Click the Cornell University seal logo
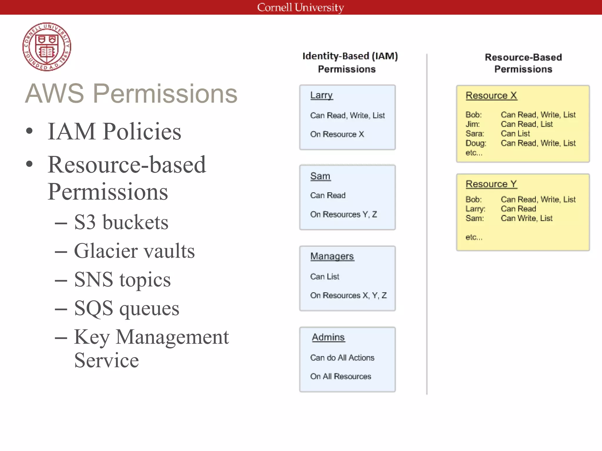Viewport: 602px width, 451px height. pos(47,47)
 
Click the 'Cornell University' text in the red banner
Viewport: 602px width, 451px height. pos(300,7)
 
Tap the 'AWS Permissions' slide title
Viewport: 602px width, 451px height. pos(131,94)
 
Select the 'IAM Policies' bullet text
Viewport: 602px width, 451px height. pos(114,131)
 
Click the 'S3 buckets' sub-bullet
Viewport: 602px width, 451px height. pos(121,222)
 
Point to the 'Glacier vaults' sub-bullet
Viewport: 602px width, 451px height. pos(134,251)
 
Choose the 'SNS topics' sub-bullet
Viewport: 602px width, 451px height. pos(122,280)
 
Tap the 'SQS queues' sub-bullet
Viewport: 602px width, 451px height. pos(126,308)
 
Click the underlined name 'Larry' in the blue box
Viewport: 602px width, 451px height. pos(321,95)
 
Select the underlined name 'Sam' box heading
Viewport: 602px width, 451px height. pos(320,176)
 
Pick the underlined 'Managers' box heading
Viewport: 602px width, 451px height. pos(332,256)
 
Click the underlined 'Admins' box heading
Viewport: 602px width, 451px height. pos(328,337)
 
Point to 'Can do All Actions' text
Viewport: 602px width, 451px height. pos(342,358)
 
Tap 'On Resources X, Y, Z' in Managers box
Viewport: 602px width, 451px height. pos(348,295)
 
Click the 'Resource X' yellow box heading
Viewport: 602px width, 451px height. pos(491,95)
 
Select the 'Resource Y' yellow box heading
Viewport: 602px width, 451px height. pos(491,184)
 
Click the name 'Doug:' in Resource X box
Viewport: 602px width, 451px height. pos(476,143)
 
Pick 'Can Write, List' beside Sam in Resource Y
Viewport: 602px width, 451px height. pos(526,218)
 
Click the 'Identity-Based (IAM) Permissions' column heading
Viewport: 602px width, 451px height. pos(350,62)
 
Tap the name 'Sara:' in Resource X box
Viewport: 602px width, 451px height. pos(474,134)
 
